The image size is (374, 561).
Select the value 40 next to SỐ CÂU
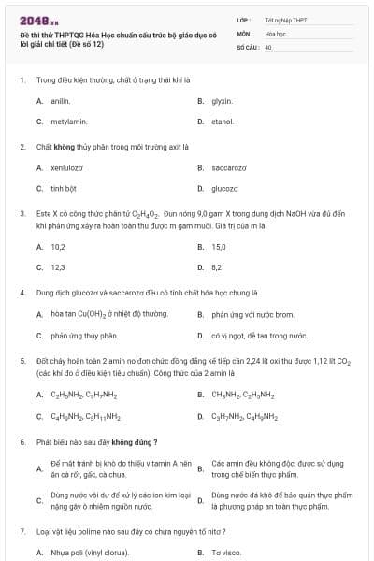coord(268,45)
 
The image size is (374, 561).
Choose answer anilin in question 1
coord(61,100)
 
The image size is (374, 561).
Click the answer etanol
coord(223,122)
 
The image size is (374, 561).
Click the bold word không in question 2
coord(65,146)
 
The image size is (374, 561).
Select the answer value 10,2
coord(58,247)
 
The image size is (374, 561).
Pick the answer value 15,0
coord(219,247)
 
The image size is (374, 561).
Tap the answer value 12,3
coord(58,267)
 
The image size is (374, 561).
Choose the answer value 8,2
coord(217,267)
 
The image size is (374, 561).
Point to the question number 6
coord(22,441)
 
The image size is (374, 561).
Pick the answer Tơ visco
coord(225,553)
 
